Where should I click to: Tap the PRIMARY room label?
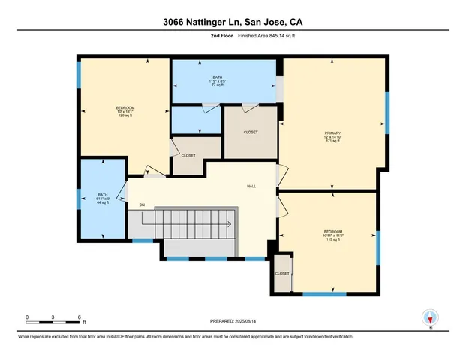(332, 136)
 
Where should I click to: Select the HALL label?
(252, 186)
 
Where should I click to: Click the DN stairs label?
(142, 204)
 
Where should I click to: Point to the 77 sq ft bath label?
(217, 81)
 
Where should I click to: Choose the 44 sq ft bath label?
(102, 199)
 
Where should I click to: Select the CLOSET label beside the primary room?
(251, 132)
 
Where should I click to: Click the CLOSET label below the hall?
(282, 274)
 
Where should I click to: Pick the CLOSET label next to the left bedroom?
(188, 155)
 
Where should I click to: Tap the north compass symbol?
(431, 318)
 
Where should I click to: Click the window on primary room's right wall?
(386, 109)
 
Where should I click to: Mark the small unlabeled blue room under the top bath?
(196, 119)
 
